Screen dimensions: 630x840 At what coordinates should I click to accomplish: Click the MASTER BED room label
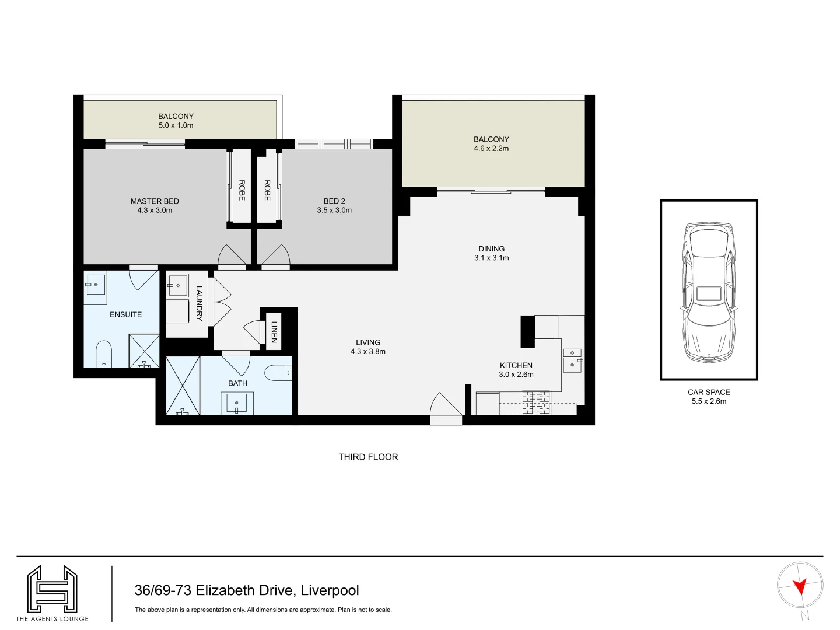(x=155, y=201)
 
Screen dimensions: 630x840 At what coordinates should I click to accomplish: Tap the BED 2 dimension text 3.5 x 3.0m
(x=334, y=211)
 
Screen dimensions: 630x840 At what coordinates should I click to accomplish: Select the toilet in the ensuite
(x=103, y=353)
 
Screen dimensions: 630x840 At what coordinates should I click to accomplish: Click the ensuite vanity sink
(x=96, y=285)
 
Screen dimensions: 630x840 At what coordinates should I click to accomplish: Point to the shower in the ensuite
(x=144, y=351)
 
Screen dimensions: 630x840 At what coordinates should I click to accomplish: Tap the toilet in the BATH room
(x=278, y=372)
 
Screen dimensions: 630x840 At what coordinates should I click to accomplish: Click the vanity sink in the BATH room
(x=237, y=402)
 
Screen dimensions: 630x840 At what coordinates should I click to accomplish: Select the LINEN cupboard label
(x=274, y=331)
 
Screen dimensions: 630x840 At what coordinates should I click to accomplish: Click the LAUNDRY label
(x=199, y=303)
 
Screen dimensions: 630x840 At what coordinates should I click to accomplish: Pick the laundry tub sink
(x=177, y=286)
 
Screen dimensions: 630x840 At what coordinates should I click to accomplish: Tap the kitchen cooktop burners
(x=535, y=402)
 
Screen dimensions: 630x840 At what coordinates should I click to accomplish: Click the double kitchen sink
(x=572, y=360)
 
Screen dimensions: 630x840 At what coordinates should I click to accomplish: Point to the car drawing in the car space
(x=709, y=290)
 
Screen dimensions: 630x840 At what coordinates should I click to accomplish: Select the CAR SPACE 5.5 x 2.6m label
(x=709, y=397)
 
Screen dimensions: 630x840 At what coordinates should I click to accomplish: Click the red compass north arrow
(x=800, y=586)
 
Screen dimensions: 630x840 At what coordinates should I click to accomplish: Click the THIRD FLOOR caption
(x=368, y=457)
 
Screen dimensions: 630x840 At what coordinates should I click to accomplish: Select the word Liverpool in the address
(x=330, y=590)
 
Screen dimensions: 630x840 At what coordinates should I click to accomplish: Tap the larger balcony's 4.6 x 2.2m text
(x=491, y=149)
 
